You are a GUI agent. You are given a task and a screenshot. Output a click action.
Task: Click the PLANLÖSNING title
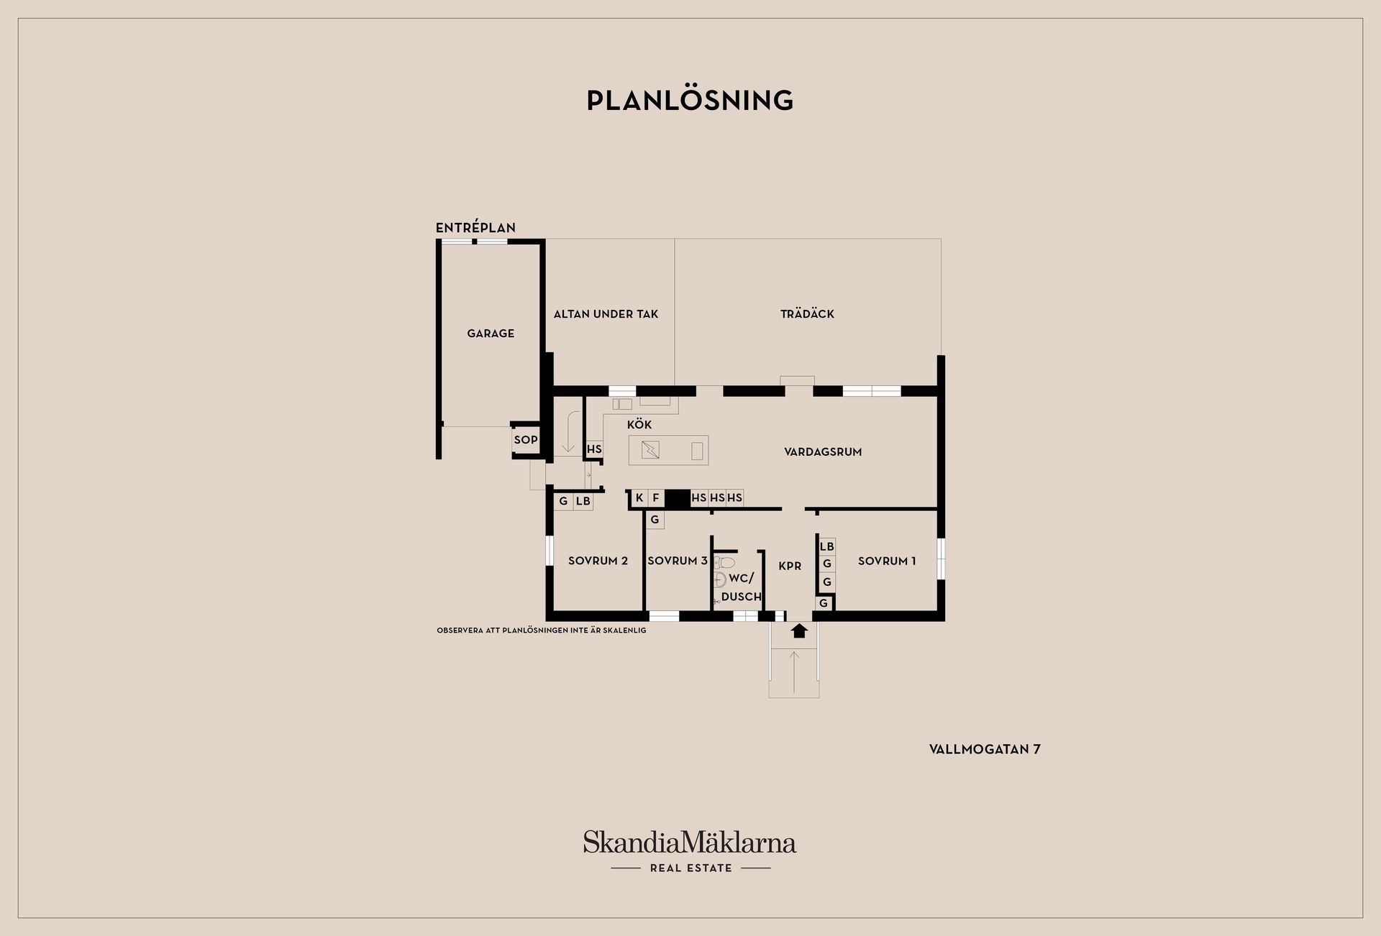click(690, 100)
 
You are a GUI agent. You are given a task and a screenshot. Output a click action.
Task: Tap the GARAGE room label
click(491, 334)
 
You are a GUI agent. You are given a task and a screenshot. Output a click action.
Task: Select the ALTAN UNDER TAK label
click(606, 314)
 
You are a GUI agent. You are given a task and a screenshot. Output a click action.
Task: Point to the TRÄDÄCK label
click(807, 313)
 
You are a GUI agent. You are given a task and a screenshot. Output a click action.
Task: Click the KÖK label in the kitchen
click(639, 424)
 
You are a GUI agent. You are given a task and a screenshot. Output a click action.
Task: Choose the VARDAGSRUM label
click(823, 452)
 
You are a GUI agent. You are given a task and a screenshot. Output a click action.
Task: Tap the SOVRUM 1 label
click(887, 561)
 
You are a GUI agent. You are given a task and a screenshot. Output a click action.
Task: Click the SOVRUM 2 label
click(598, 561)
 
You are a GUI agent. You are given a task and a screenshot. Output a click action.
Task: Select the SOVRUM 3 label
click(678, 561)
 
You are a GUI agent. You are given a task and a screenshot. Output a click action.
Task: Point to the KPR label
click(790, 566)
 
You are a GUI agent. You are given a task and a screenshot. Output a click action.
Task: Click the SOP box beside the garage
click(526, 440)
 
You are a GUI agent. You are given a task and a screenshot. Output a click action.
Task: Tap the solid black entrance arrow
click(800, 630)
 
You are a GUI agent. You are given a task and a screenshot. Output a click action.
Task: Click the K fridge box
click(639, 497)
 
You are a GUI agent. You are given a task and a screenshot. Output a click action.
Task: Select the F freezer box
click(656, 497)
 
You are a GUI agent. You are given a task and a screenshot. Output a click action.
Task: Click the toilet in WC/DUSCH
click(724, 562)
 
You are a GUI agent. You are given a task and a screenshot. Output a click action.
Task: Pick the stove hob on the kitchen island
click(650, 450)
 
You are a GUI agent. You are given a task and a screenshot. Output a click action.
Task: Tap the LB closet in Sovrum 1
click(827, 546)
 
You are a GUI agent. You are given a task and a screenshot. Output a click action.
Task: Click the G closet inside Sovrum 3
click(655, 520)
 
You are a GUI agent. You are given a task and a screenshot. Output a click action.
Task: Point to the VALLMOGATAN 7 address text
click(985, 749)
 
